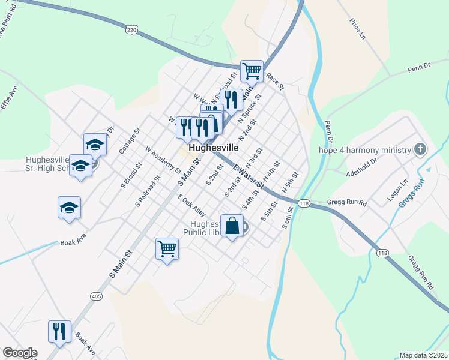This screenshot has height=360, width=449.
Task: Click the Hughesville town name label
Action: pyautogui.click(x=213, y=147)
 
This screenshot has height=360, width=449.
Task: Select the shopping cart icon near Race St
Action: pyautogui.click(x=252, y=71)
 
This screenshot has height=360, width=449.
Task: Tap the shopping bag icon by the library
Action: pyautogui.click(x=232, y=226)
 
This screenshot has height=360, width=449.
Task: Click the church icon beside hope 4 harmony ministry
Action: pyautogui.click(x=420, y=149)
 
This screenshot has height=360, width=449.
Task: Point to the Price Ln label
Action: pyautogui.click(x=358, y=29)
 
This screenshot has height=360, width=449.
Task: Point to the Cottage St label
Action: pyautogui.click(x=129, y=140)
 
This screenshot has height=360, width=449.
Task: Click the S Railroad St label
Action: pyautogui.click(x=148, y=191)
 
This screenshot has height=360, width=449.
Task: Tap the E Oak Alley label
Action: pyautogui.click(x=191, y=206)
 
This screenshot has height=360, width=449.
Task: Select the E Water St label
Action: pyautogui.click(x=249, y=179)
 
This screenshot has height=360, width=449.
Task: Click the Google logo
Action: pyautogui.click(x=20, y=353)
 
